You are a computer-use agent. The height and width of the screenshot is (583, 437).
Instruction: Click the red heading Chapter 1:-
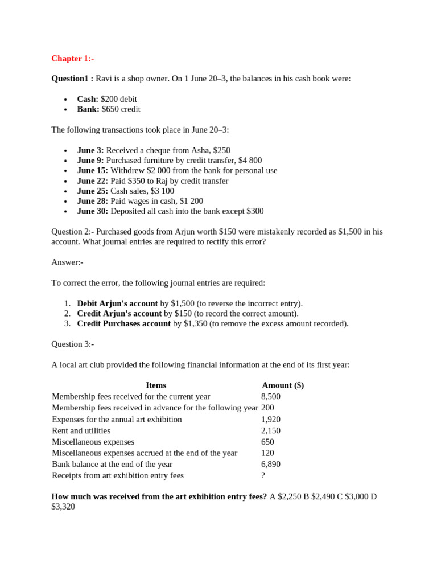click(x=72, y=59)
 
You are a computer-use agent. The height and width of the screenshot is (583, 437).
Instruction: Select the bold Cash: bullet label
click(x=88, y=99)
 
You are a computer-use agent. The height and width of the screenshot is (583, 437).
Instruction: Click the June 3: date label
click(x=90, y=150)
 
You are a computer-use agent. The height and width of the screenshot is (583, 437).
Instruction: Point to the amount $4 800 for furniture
click(x=250, y=161)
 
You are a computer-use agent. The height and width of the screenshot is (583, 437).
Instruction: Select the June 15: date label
click(x=93, y=171)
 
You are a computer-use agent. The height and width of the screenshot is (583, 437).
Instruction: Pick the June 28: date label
click(x=93, y=201)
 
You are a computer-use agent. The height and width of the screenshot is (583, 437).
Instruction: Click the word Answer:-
click(x=67, y=262)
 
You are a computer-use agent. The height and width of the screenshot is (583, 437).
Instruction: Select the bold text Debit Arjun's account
click(x=117, y=303)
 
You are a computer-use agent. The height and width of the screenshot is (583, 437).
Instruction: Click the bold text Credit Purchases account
click(x=123, y=323)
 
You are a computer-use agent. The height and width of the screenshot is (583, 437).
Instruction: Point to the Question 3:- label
click(x=72, y=344)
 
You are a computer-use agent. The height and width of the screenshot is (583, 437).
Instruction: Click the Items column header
click(x=156, y=385)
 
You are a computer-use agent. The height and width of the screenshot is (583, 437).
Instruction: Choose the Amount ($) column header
click(x=283, y=385)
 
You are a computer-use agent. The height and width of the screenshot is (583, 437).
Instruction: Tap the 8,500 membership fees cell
click(x=271, y=397)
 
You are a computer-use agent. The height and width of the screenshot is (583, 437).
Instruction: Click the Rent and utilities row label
click(x=81, y=431)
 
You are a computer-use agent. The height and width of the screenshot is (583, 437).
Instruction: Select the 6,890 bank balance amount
click(x=271, y=465)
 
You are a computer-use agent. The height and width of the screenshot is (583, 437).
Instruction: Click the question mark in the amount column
click(x=263, y=475)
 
